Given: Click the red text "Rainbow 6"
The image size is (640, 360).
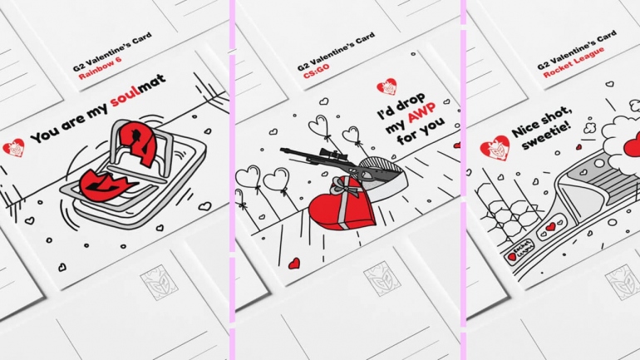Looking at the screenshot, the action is (x=100, y=68).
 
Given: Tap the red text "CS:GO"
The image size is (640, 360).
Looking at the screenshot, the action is (x=317, y=71).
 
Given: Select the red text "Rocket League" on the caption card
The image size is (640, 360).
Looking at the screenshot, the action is (x=573, y=62).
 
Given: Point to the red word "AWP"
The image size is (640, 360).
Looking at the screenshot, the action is (x=421, y=112).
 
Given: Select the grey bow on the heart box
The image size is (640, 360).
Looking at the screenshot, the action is (x=346, y=185).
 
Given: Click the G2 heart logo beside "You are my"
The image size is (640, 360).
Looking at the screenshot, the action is (x=13, y=147).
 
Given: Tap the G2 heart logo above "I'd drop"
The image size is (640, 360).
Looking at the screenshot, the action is (x=386, y=86).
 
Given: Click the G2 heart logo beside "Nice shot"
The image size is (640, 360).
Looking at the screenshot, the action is (x=495, y=147).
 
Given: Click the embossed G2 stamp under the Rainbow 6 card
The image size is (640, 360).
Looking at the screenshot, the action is (x=160, y=282).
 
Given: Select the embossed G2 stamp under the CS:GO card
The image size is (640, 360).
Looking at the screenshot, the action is (x=382, y=279).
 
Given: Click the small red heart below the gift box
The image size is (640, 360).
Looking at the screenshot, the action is (x=294, y=264).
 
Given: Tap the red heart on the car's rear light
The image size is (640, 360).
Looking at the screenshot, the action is (x=550, y=226).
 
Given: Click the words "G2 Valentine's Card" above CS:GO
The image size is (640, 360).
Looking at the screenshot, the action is (x=336, y=52).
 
